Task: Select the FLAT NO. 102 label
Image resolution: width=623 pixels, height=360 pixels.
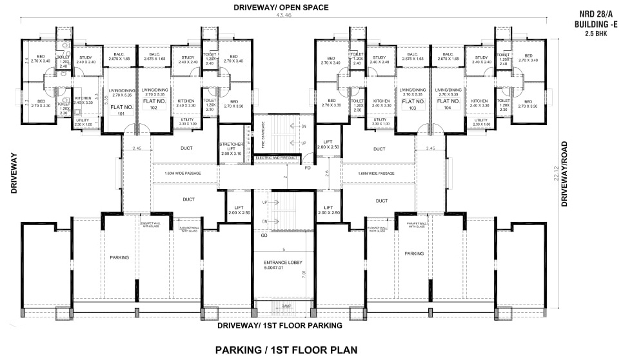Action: tap(154, 105)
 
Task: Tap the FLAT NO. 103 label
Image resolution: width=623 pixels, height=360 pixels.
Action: tap(412, 105)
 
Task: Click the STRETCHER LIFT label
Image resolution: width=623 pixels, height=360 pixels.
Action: tap(230, 148)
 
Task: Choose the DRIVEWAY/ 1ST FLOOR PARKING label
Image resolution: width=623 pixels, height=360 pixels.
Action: tap(280, 326)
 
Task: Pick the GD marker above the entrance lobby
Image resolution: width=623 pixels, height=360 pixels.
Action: tap(264, 235)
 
